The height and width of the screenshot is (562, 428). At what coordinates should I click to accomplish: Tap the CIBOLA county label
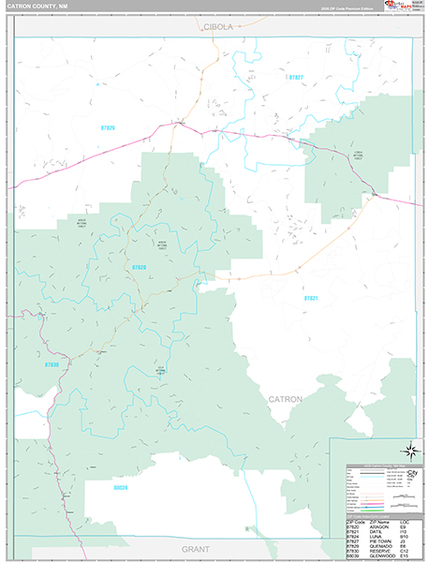tap(218, 28)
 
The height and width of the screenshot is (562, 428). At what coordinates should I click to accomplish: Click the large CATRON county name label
tap(286, 399)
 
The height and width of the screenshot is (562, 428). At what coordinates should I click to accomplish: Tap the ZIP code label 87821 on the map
tap(312, 297)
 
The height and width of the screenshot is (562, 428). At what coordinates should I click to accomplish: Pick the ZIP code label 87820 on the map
tap(140, 268)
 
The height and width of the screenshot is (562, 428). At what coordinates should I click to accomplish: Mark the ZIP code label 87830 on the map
tap(52, 364)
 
